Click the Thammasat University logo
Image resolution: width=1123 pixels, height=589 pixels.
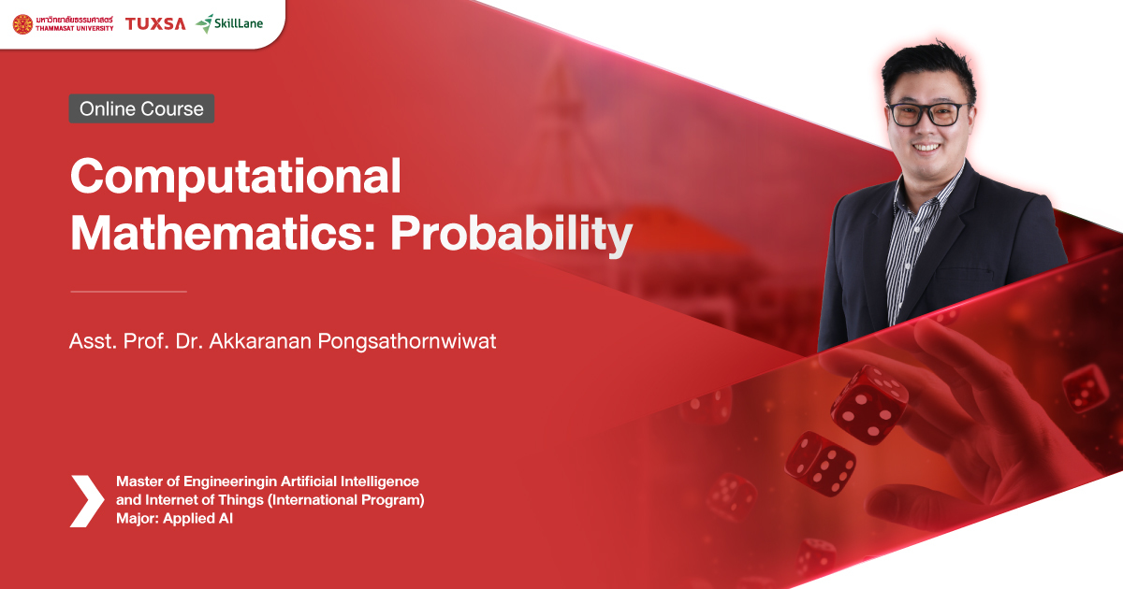point(63,23)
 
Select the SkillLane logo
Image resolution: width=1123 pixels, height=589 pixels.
point(229,23)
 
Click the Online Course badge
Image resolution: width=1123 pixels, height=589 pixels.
point(141,108)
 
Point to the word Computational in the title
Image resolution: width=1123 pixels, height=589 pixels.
point(236,177)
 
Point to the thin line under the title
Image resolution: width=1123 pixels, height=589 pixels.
point(129,292)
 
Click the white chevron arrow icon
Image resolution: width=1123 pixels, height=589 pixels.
point(87,500)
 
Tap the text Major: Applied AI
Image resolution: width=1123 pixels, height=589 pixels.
point(174,519)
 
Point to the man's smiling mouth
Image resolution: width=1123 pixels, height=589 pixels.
point(928,146)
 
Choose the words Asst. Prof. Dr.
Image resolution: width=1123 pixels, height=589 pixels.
point(122,341)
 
